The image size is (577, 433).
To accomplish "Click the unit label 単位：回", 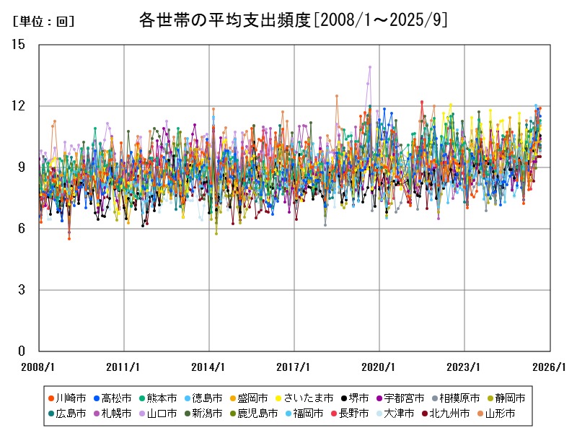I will (44, 22).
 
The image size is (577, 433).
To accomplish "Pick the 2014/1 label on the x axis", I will (209, 367).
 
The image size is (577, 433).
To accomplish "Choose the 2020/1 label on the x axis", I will (379, 367).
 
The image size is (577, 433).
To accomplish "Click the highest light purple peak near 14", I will (370, 67).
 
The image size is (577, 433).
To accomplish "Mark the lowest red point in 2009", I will (69, 238).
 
